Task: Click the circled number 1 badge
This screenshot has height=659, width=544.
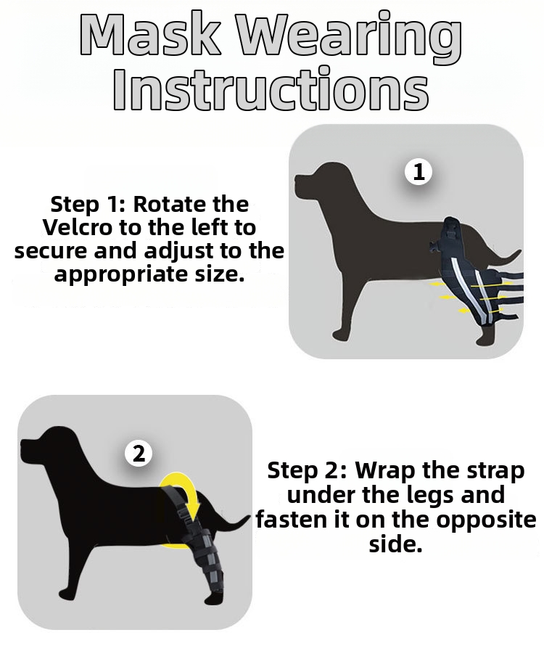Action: point(418,172)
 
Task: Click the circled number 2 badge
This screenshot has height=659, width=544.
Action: point(139,454)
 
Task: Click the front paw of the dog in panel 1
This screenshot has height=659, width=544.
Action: point(342,335)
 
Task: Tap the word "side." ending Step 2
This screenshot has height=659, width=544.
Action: point(395,544)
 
